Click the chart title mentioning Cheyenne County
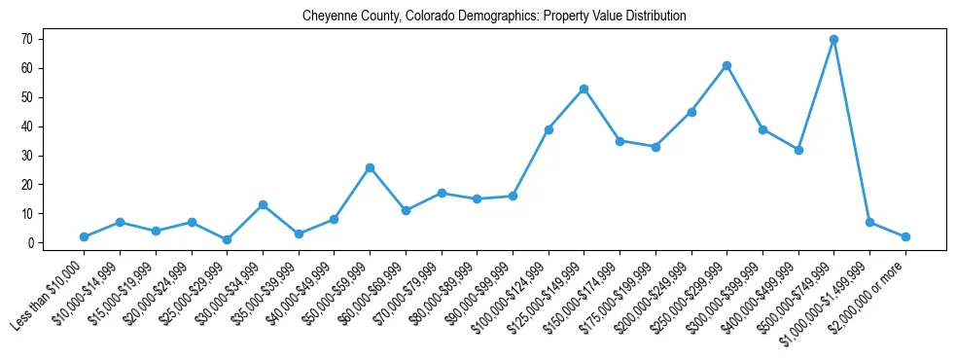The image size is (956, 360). [x=494, y=17]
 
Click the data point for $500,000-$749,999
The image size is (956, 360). [x=833, y=39]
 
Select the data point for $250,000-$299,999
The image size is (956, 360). [x=726, y=65]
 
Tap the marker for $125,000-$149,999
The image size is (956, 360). [x=584, y=89]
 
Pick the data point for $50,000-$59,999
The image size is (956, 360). [x=370, y=167]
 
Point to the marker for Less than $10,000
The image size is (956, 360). [x=84, y=236]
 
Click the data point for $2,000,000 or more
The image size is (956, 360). [x=905, y=236]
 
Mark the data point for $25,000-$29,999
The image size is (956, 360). [x=227, y=239]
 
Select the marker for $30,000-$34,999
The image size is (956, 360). [x=263, y=204]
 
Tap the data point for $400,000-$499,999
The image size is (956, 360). [x=798, y=150]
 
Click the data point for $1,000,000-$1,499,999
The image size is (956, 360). [x=869, y=222]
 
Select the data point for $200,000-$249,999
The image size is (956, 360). [x=690, y=112]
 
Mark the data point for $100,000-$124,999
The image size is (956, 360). [x=549, y=129]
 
